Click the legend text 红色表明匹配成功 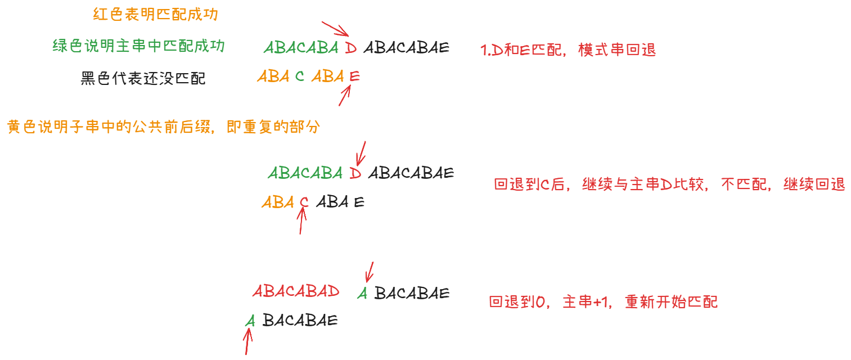coord(155,15)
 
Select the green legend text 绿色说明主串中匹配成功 coord(138,46)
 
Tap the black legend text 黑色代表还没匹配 coord(143,78)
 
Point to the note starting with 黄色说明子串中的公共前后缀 coord(164,127)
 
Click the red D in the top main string coord(351,48)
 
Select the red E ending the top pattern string coord(354,76)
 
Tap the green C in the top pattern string coord(300,76)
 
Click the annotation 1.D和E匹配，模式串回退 coord(568,49)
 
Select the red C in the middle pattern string coord(304,201)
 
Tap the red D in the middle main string coord(355,173)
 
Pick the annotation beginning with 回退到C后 coord(669,184)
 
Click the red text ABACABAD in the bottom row coord(296,291)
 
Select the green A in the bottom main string coord(363,293)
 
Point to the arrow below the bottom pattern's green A coord(247,341)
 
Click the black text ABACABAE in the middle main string coord(411,173)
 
